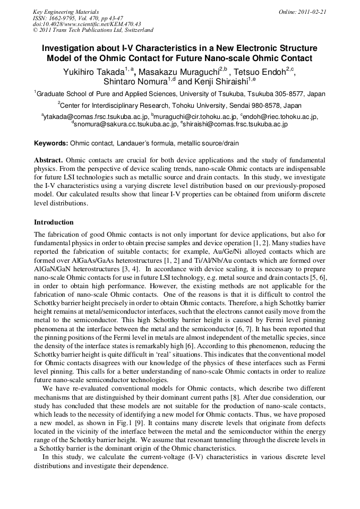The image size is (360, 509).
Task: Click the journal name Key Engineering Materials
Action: pyautogui.click(x=66, y=12)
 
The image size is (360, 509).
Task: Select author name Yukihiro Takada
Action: pyautogui.click(x=93, y=72)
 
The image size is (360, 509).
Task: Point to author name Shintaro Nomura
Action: pyautogui.click(x=135, y=82)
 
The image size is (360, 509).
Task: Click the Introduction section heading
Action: pyautogui.click(x=54, y=222)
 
